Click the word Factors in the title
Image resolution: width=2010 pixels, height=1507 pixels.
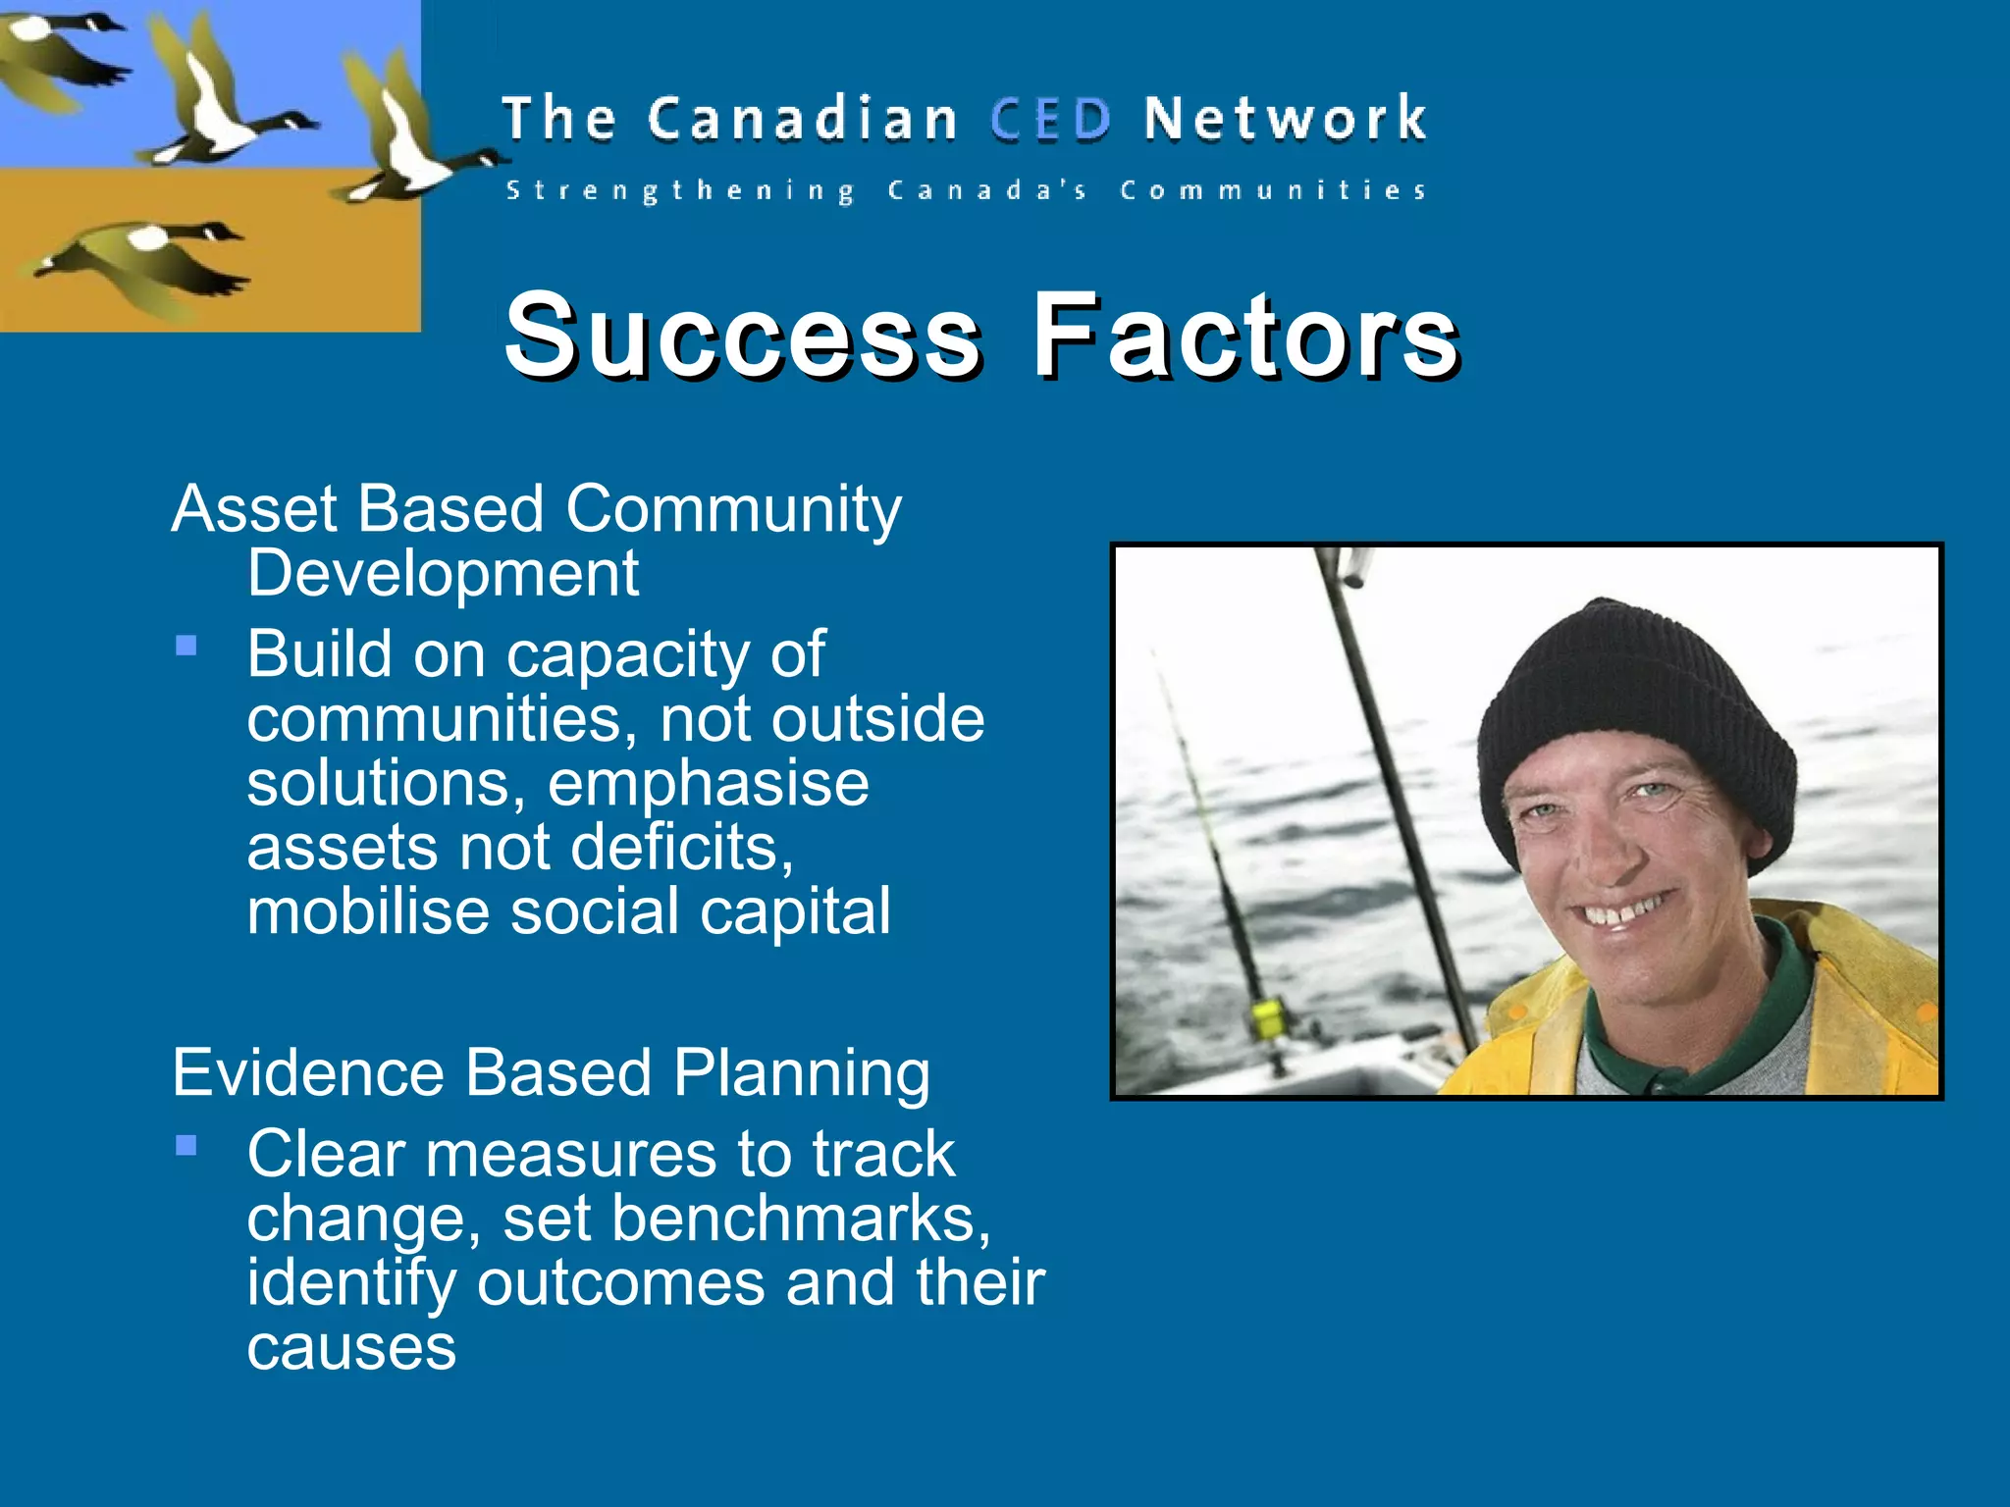pyautogui.click(x=1244, y=336)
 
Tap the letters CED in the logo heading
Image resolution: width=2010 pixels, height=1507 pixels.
pyautogui.click(x=1050, y=120)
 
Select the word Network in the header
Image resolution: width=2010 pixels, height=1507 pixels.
pyautogui.click(x=1284, y=120)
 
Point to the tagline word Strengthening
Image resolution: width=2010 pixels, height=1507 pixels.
pyautogui.click(x=679, y=190)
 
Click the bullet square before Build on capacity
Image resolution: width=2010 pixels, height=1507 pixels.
pyautogui.click(x=186, y=646)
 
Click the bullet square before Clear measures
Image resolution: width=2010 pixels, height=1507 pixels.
pyautogui.click(x=186, y=1145)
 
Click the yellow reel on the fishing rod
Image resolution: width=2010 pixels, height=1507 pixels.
pyautogui.click(x=1267, y=1017)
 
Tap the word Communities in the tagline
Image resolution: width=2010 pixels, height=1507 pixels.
pyautogui.click(x=1273, y=190)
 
